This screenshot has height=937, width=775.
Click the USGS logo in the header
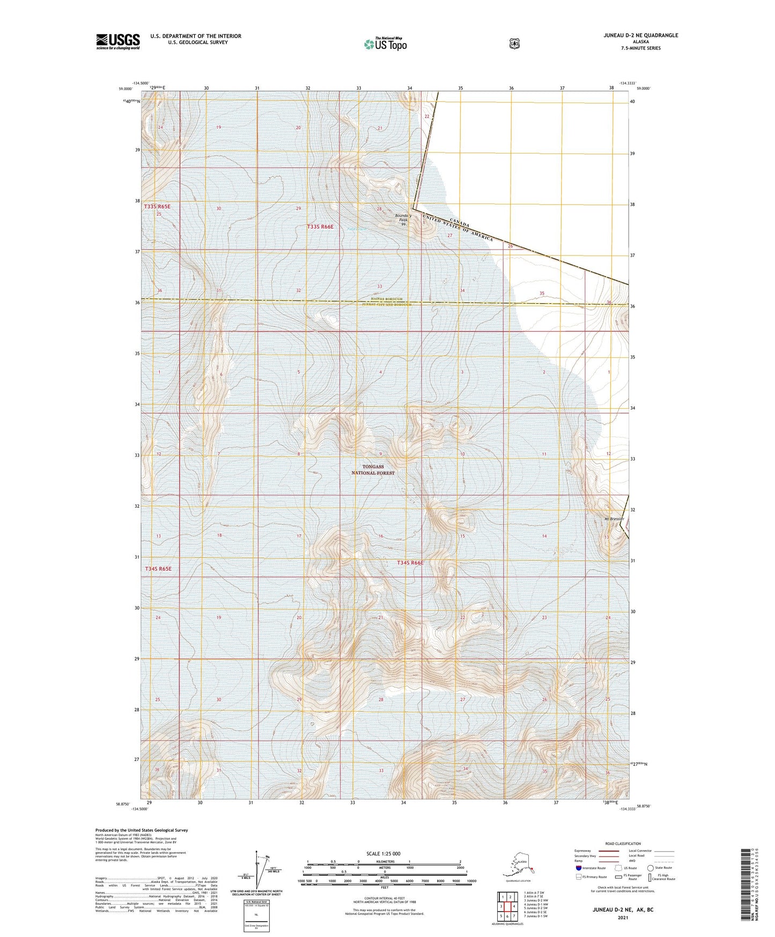tap(118, 41)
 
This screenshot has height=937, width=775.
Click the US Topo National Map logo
tap(385, 43)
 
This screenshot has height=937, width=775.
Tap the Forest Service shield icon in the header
tap(514, 43)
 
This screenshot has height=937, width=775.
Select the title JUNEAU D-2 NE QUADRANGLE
tap(632, 35)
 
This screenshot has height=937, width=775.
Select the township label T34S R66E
tap(410, 563)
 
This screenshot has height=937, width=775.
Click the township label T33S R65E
tap(157, 206)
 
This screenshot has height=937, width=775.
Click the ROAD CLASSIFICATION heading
tap(622, 844)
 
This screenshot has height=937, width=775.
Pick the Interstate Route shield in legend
tap(579, 868)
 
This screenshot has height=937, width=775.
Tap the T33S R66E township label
tap(320, 227)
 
